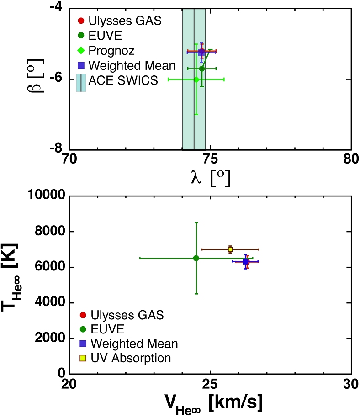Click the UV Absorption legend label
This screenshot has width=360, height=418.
coord(131,358)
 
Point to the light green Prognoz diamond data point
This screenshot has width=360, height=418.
coord(196,79)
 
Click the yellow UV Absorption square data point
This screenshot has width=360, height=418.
coord(230,249)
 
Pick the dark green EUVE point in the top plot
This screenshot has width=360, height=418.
coord(201,69)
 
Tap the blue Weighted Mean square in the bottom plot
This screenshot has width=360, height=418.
coord(246,262)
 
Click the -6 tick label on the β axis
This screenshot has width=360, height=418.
coord(58,79)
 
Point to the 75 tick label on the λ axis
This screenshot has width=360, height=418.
coord(210,159)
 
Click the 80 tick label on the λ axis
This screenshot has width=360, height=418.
coord(350,159)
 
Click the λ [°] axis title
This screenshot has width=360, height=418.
coord(210,177)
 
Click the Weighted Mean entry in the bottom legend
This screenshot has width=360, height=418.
coord(134,344)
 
